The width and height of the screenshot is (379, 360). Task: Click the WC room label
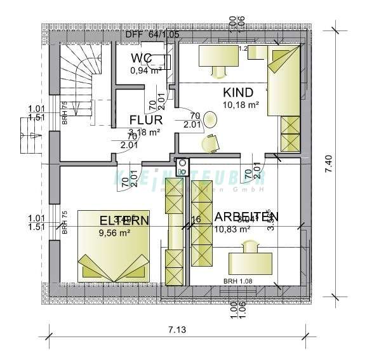pos(141,59)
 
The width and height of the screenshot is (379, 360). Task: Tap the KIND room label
pos(238,91)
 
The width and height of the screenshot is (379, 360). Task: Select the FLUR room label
pos(146,119)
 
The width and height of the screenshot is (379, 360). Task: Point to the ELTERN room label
pos(124,220)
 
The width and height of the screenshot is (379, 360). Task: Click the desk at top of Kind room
pos(218,56)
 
